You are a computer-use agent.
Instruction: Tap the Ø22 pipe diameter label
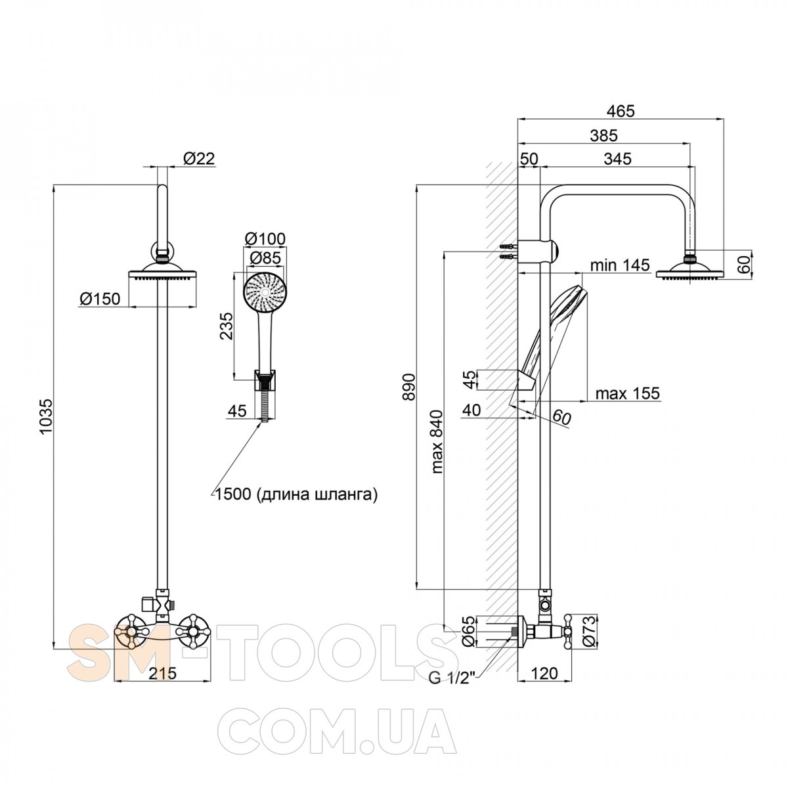click(x=199, y=158)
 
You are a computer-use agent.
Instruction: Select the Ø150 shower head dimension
click(x=100, y=299)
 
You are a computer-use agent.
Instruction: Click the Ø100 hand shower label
click(x=265, y=239)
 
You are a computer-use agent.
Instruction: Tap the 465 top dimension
click(x=620, y=111)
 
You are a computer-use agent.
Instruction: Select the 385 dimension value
click(x=603, y=135)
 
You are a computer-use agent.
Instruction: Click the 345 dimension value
click(x=617, y=158)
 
